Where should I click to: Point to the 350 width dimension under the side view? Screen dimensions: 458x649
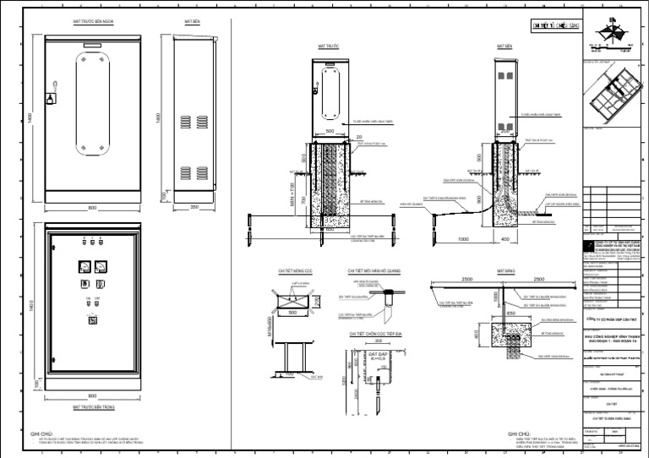194,206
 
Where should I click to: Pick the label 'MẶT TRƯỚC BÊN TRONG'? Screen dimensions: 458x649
92,406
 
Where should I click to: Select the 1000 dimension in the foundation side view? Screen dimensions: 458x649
463,239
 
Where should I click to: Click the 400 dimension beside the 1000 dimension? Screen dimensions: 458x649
505,239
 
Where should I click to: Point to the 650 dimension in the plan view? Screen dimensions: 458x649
510,312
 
